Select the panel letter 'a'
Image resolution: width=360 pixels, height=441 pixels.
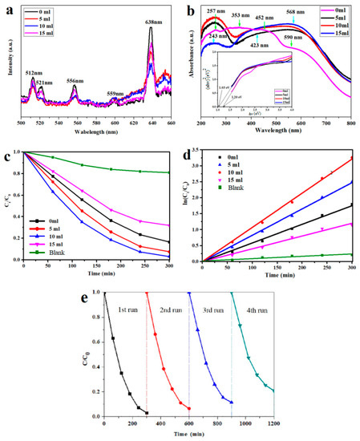[x=5, y=7]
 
